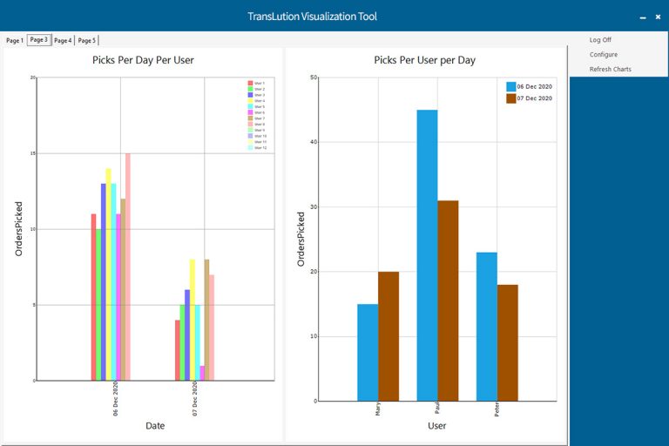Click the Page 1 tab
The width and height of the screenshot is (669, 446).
pyautogui.click(x=15, y=40)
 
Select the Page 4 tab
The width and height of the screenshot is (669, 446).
pyautogui.click(x=63, y=40)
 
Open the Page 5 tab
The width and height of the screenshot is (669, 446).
pyautogui.click(x=87, y=40)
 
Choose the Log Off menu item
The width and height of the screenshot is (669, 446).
pyautogui.click(x=600, y=40)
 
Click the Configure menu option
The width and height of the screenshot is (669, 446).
pyautogui.click(x=604, y=55)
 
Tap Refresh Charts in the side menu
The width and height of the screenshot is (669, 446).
pyautogui.click(x=610, y=70)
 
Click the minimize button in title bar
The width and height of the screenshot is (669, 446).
pyautogui.click(x=643, y=17)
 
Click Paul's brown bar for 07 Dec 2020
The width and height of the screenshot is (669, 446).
pyautogui.click(x=448, y=301)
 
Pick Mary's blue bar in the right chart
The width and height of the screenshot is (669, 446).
pyautogui.click(x=368, y=352)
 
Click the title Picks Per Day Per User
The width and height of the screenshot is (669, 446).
pyautogui.click(x=143, y=60)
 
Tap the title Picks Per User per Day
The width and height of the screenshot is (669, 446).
pyautogui.click(x=424, y=60)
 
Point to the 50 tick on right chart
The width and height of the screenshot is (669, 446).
pyautogui.click(x=314, y=78)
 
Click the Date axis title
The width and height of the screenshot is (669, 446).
pyautogui.click(x=155, y=426)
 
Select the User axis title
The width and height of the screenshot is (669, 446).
pyautogui.click(x=437, y=426)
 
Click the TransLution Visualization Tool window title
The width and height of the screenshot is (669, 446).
pyautogui.click(x=312, y=17)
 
